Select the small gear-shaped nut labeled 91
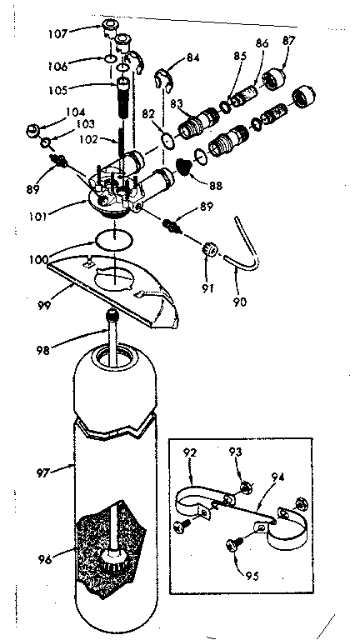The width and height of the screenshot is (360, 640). (x=210, y=247)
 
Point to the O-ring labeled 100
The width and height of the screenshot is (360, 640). (x=112, y=239)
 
